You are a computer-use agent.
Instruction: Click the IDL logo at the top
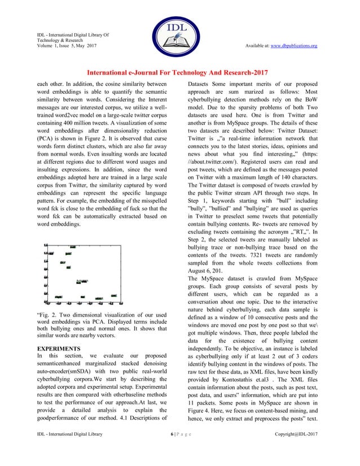tap(179, 33)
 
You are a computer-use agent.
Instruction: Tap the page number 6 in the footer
tap(172, 449)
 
